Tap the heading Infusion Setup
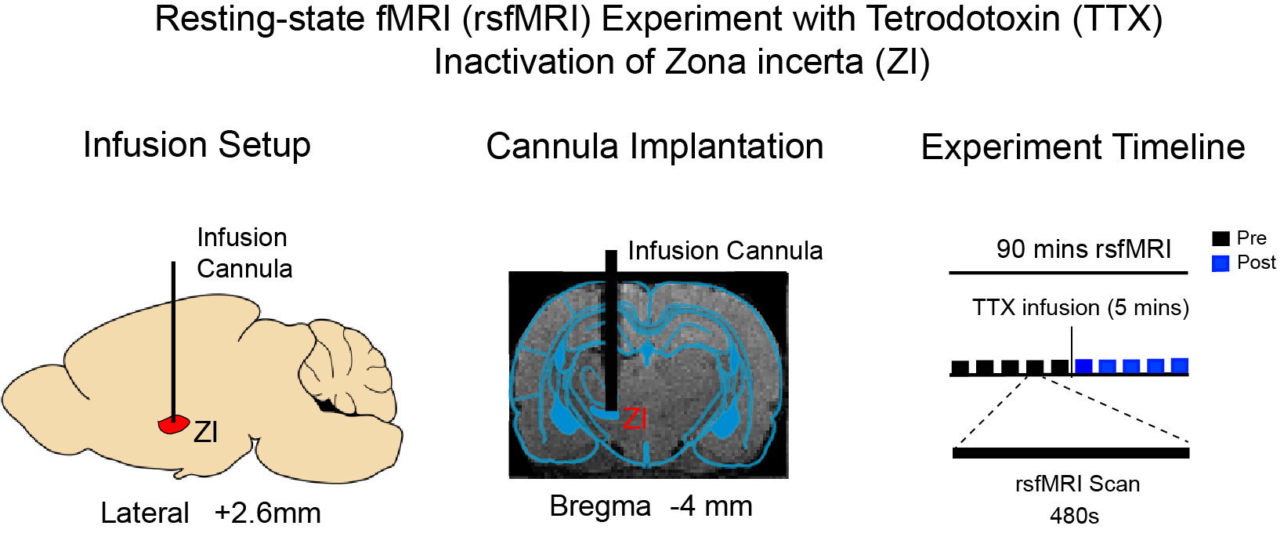[x=197, y=145]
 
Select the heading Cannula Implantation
[x=654, y=147]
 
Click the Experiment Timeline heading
[x=1083, y=147]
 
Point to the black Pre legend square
[x=1221, y=238]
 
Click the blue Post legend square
[x=1221, y=263]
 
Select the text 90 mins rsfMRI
[x=1083, y=249]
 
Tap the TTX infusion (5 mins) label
[x=1080, y=307]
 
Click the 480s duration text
[x=1074, y=516]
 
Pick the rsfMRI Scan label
[x=1077, y=484]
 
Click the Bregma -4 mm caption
[x=650, y=506]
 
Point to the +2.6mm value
[x=268, y=513]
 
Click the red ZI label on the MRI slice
[x=635, y=419]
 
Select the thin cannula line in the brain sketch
[x=173, y=337]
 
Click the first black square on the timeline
[x=960, y=367]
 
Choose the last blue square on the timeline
[x=1179, y=365]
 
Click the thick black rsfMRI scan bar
[x=1071, y=453]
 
